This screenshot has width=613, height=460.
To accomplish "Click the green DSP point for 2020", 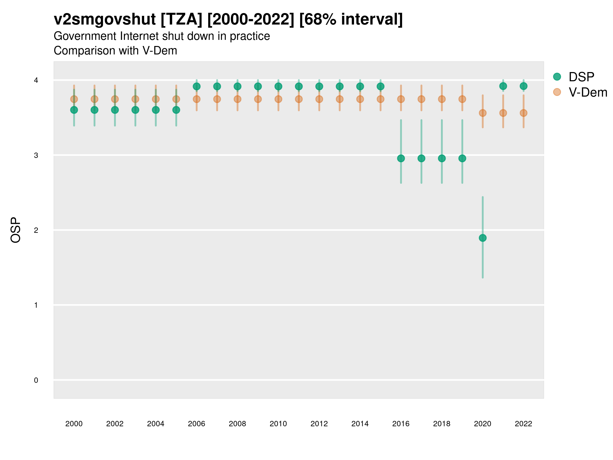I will coord(482,238).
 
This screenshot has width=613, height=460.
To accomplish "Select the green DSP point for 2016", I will coord(401,158).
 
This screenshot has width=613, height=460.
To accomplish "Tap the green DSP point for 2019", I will coord(462,158).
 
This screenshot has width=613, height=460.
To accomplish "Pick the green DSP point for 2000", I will coord(74,110).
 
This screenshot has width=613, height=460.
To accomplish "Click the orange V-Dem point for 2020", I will coord(482,113).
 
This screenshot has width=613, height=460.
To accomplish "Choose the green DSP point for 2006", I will coord(196,87).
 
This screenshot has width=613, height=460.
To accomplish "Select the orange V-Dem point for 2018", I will coord(442,99).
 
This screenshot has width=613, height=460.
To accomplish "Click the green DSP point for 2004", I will coord(156,110).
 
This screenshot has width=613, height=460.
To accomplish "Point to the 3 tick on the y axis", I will coord(36,155).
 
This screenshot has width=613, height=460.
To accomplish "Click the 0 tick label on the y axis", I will coord(36,380).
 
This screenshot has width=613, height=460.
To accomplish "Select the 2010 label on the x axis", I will coord(278,424).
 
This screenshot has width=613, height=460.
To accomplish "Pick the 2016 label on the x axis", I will coord(401,424).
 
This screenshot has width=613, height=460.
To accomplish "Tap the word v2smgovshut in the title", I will coord(105,19).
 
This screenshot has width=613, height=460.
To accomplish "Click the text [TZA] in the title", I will coord(182,19).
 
